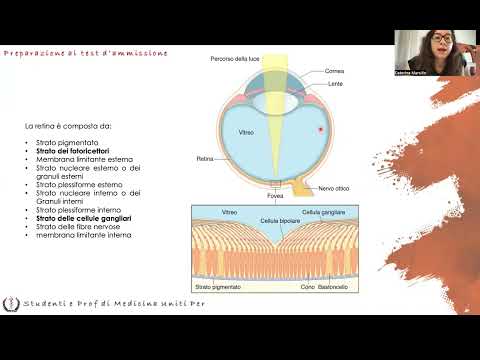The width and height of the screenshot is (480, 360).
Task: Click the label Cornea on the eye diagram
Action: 336,71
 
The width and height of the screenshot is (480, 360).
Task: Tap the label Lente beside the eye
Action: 334,86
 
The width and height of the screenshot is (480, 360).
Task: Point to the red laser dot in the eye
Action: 319,130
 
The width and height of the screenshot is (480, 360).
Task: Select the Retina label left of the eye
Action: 205,158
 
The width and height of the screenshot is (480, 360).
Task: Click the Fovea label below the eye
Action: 261,196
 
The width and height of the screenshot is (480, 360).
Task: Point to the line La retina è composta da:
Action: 69,127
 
